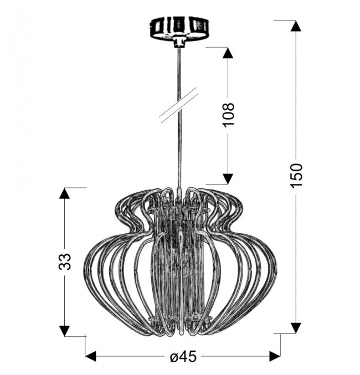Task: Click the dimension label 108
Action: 228,115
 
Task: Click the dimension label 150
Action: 297,176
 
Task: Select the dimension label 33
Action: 65,262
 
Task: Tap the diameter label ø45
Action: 183,357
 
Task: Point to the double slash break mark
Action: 179,105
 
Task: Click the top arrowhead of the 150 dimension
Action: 296,25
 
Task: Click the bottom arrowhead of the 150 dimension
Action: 296,328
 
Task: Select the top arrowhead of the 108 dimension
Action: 228,53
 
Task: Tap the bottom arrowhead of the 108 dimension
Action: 228,179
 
